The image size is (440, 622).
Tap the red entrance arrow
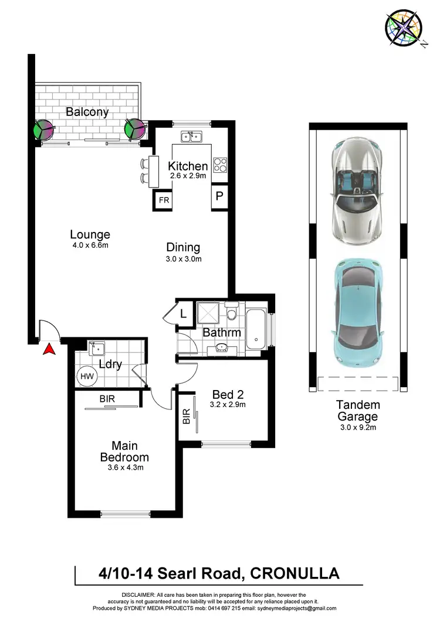coord(50,349)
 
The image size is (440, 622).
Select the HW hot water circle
coord(86,376)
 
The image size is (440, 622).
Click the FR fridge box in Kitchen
coord(163,200)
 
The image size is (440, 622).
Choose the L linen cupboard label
coord(184,313)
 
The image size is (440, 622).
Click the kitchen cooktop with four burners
coord(220,165)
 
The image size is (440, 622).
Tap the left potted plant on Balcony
coord(44,129)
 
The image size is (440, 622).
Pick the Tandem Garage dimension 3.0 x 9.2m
coord(358,428)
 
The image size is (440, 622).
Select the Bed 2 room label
coord(228,394)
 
